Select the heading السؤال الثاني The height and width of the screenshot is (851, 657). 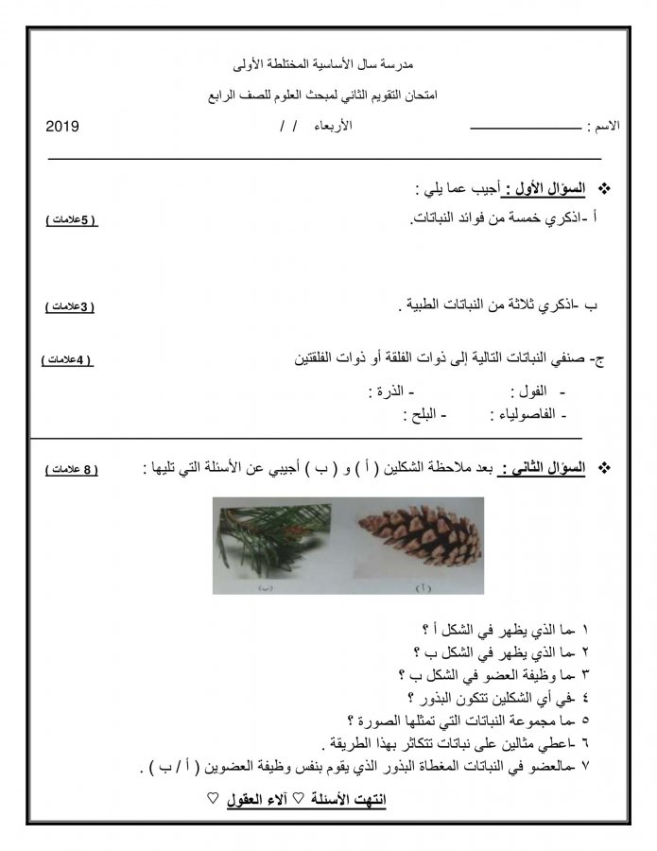(544, 468)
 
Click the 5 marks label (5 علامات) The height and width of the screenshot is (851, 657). (71, 220)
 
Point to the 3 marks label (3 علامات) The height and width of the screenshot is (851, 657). (71, 307)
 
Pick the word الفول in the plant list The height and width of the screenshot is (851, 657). (529, 391)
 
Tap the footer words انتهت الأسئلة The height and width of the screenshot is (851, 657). (340, 800)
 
